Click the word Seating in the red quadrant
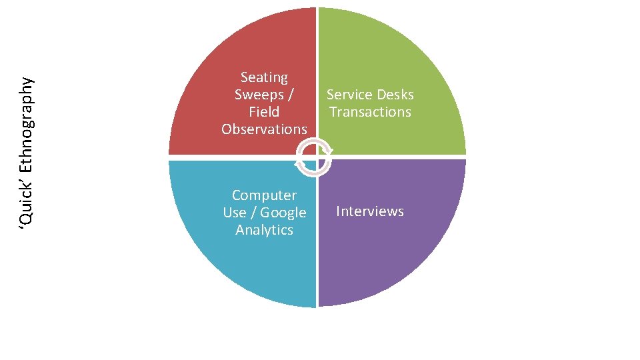tap(264, 78)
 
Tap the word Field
tap(264, 112)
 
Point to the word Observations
tap(264, 129)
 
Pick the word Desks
tap(395, 95)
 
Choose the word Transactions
tap(370, 112)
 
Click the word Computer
tap(264, 195)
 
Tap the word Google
tap(283, 213)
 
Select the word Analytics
tap(264, 230)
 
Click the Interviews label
tap(370, 211)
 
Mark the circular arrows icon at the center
tap(313, 157)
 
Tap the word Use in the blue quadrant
tap(235, 213)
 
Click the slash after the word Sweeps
tap(291, 95)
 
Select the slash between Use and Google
tap(253, 213)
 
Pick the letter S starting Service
tap(330, 95)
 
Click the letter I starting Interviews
tap(338, 211)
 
